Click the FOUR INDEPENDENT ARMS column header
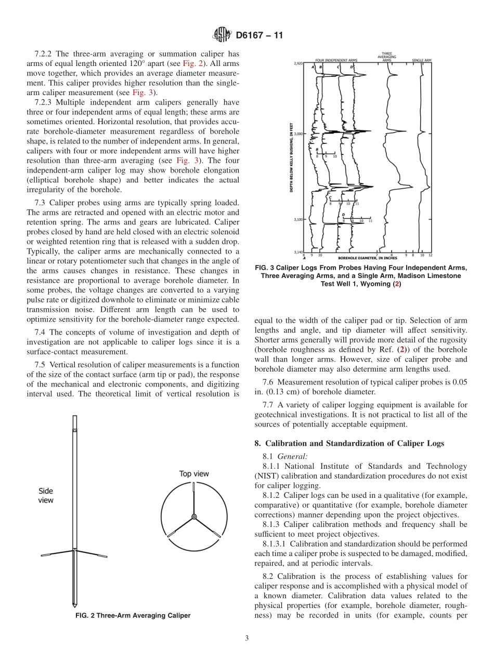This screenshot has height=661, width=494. (x=335, y=60)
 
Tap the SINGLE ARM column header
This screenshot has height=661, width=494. (x=422, y=60)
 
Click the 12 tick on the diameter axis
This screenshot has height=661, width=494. (x=430, y=255)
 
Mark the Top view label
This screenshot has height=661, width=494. (x=194, y=473)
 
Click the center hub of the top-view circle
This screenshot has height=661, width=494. (x=194, y=517)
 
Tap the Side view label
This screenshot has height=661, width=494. (x=46, y=495)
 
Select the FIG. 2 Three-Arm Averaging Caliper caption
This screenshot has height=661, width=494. (x=133, y=616)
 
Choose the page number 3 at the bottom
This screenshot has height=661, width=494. (x=247, y=639)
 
